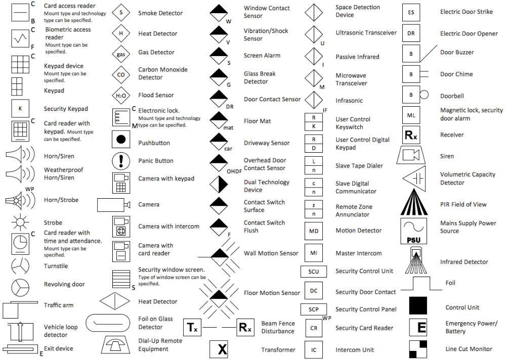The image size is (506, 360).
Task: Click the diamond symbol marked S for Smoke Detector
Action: (120, 12)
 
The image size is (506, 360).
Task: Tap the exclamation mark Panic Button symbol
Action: (121, 161)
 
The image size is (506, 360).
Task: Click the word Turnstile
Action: (56, 266)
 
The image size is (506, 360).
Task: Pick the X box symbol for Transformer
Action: (221, 349)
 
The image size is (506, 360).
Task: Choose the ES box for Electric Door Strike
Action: (411, 12)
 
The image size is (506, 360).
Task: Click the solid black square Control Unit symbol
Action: (418, 306)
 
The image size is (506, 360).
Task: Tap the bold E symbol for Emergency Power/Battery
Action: (420, 327)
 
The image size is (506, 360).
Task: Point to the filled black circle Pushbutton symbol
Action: (121, 139)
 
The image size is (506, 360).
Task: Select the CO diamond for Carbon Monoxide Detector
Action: (120, 74)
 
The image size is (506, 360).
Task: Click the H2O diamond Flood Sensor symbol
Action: (120, 95)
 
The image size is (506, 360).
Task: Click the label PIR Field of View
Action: (463, 204)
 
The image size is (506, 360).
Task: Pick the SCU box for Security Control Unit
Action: (314, 272)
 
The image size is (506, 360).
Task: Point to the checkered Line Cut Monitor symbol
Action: (418, 349)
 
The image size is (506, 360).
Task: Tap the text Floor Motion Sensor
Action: (272, 293)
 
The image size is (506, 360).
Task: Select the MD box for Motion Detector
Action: (314, 231)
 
